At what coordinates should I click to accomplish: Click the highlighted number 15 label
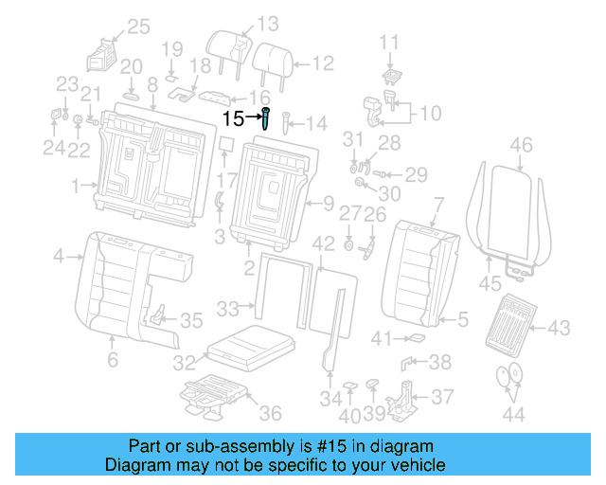click(234, 118)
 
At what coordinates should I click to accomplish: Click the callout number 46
click(521, 145)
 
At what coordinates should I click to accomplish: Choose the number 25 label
click(138, 27)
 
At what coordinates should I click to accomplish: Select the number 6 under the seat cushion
click(112, 360)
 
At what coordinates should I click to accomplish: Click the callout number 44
click(513, 413)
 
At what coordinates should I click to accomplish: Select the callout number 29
click(417, 174)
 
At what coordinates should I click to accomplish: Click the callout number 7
click(437, 203)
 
